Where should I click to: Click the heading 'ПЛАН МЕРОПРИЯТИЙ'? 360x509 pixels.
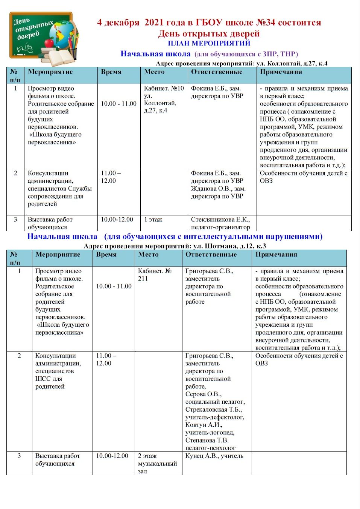209,43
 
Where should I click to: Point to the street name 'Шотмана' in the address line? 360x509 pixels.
221,246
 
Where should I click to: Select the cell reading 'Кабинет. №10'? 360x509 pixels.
164,89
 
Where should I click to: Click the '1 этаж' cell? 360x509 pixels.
153,220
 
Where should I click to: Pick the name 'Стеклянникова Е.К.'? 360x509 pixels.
220,220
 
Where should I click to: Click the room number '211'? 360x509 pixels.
143,279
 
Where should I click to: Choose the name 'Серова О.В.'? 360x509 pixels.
203,394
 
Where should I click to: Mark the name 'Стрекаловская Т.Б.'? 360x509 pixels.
213,410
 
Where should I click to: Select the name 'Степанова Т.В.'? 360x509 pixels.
207,440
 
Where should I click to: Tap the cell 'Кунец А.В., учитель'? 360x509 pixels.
214,456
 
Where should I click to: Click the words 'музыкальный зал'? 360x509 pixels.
157,467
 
